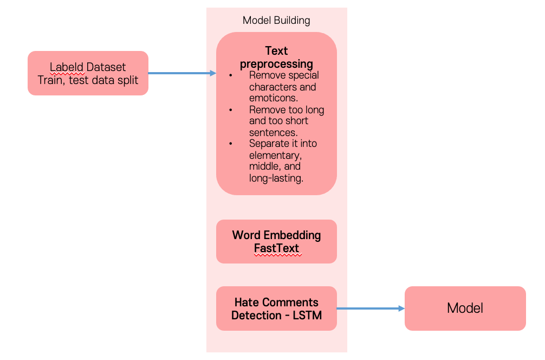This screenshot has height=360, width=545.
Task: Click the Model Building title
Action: pyautogui.click(x=276, y=21)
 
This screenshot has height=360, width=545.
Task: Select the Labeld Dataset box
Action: pyautogui.click(x=88, y=73)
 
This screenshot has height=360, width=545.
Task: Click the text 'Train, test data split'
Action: pyautogui.click(x=88, y=80)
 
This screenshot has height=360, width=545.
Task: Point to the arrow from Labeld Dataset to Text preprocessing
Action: pyautogui.click(x=181, y=73)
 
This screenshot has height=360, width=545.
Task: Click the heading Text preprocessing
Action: pyautogui.click(x=276, y=57)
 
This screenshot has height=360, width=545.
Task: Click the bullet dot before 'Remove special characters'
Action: pyautogui.click(x=231, y=76)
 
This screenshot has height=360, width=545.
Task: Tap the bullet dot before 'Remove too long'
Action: pyautogui.click(x=231, y=110)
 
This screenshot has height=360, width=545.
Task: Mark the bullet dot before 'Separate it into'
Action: pyautogui.click(x=231, y=144)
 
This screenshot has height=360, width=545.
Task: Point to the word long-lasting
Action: pyautogui.click(x=276, y=178)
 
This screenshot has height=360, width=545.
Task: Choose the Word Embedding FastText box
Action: pyautogui.click(x=276, y=241)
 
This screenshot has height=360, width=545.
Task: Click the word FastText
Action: pyautogui.click(x=276, y=249)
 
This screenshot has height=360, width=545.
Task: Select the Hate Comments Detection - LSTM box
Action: pyautogui.click(x=276, y=308)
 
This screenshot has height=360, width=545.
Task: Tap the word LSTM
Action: pyautogui.click(x=307, y=315)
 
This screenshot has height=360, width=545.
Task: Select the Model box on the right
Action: pyautogui.click(x=465, y=308)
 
